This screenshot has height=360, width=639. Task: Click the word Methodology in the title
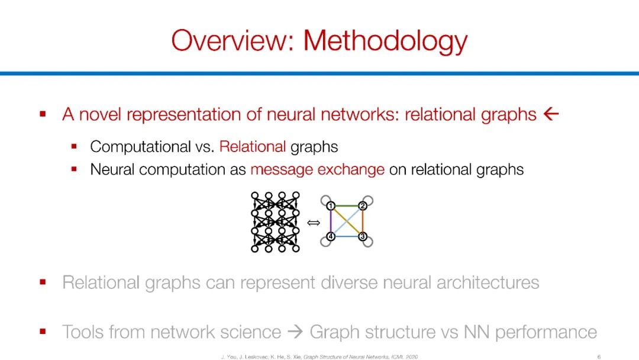(385, 41)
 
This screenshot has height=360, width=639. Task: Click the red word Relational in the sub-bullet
(253, 146)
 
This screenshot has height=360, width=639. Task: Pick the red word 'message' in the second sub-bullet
(280, 169)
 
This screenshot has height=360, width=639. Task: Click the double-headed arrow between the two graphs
(314, 223)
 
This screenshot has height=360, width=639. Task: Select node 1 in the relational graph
(331, 205)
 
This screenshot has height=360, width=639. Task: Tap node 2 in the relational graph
(363, 205)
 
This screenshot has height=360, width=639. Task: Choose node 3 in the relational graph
(363, 237)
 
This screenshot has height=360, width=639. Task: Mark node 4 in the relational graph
(331, 237)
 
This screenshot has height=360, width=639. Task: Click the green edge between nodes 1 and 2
(347, 205)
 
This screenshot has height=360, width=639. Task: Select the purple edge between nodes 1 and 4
(331, 221)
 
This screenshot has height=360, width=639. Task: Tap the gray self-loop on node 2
(369, 200)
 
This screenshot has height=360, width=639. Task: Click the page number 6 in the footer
(599, 356)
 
